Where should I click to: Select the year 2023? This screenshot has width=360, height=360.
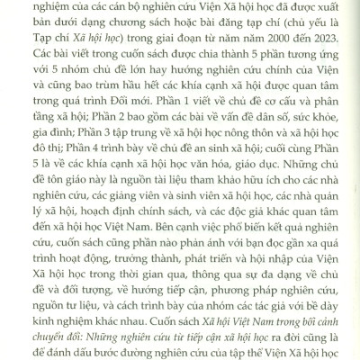click(x=322, y=52)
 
